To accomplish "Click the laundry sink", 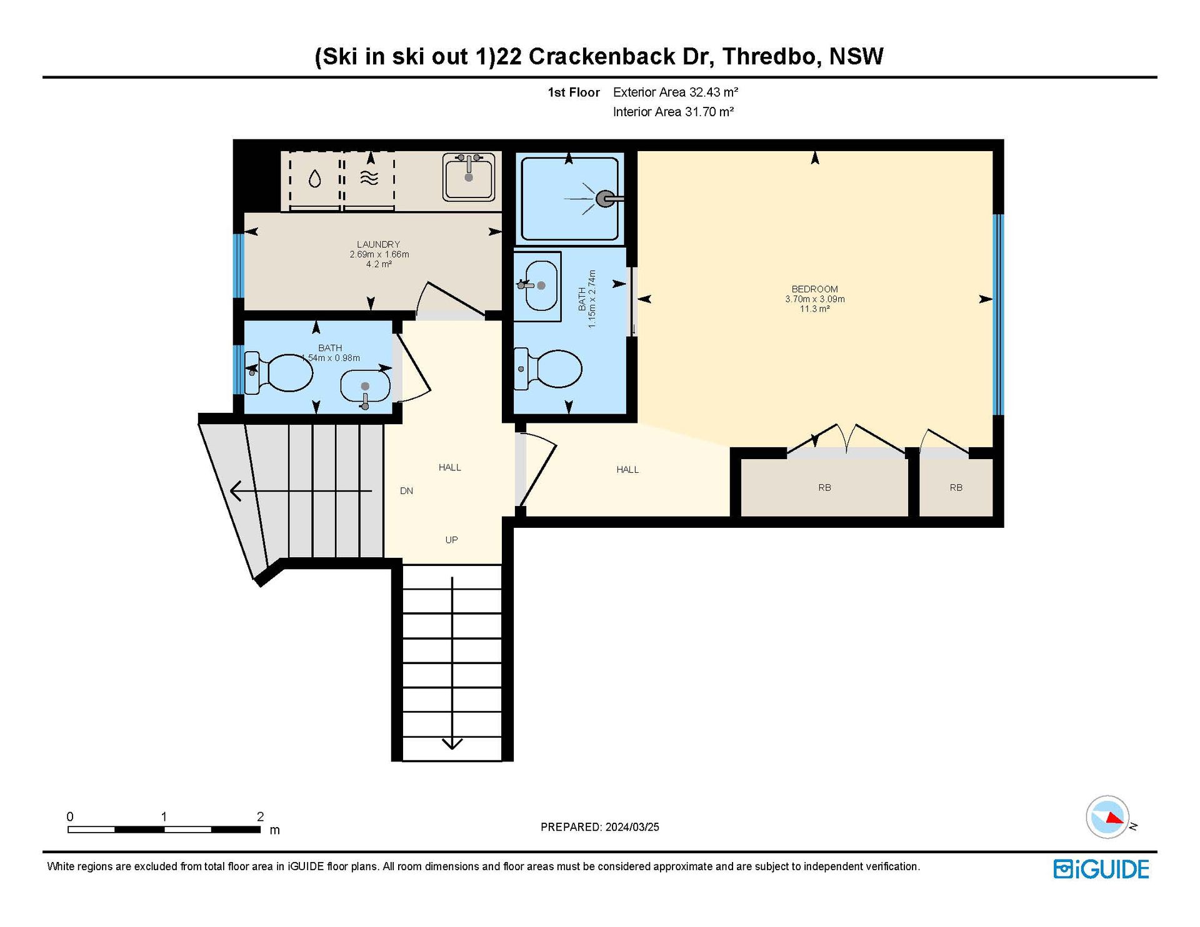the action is click(x=469, y=177).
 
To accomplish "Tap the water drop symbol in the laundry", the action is click(x=315, y=179).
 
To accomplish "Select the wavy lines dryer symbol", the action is click(x=369, y=179).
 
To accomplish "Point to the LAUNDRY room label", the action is click(x=379, y=244).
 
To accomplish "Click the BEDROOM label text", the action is click(x=814, y=289).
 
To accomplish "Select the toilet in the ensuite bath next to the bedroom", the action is click(x=548, y=369).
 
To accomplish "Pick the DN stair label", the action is click(x=406, y=491).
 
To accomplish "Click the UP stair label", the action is click(x=451, y=540).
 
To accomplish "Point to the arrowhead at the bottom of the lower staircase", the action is click(x=452, y=744).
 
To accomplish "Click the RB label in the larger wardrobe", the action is click(x=824, y=488).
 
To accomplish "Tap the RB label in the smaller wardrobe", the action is click(x=956, y=488).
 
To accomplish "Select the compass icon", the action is click(x=1108, y=816).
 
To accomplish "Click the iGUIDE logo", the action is click(x=1101, y=870).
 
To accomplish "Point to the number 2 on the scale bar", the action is click(x=260, y=816).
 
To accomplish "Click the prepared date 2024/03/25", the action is click(x=632, y=827).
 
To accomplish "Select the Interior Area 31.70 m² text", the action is click(x=673, y=112).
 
